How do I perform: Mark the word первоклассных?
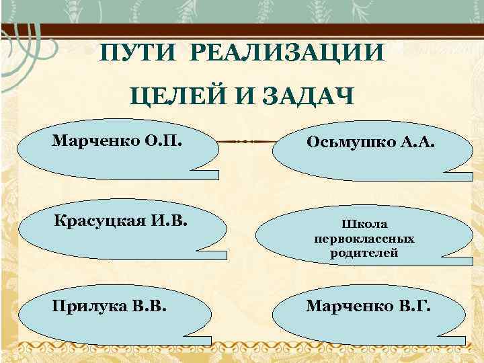pyautogui.click(x=364, y=239)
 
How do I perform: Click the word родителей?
pyautogui.click(x=364, y=253)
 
